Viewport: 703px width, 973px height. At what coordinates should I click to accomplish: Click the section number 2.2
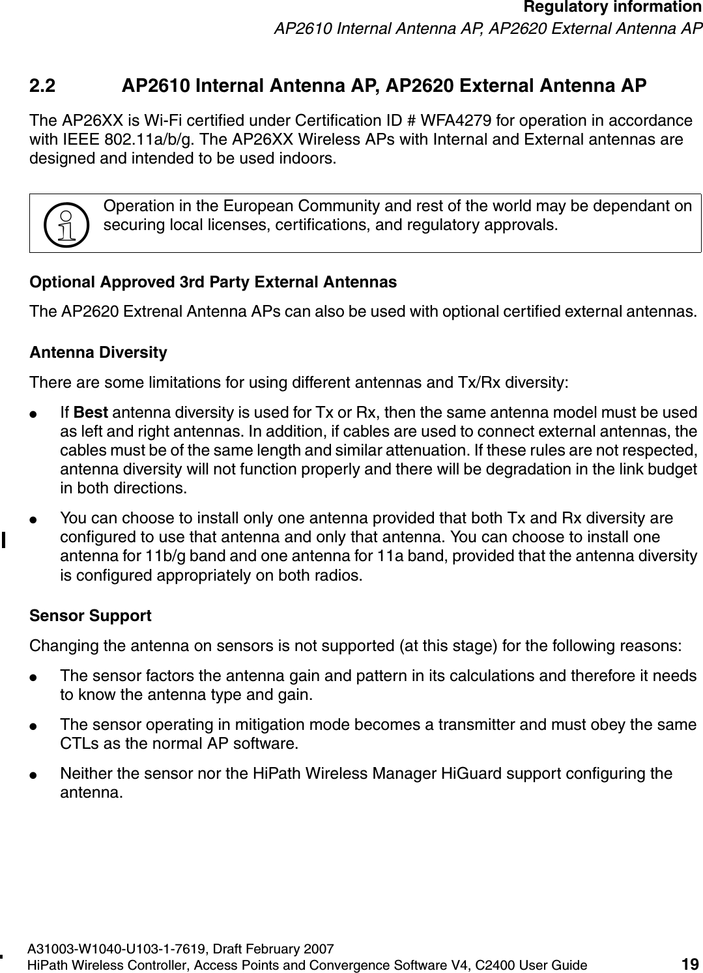(x=44, y=87)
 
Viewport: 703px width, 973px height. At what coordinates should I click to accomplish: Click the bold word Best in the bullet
(x=91, y=413)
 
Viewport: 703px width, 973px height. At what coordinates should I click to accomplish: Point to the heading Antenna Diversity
(x=98, y=353)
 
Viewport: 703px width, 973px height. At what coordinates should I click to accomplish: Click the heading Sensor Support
(x=91, y=616)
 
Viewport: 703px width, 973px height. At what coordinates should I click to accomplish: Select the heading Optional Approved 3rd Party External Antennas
(x=213, y=282)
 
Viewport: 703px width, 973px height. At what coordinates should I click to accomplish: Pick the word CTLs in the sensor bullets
(x=77, y=744)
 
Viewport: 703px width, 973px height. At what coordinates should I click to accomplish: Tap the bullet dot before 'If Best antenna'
(x=40, y=414)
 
